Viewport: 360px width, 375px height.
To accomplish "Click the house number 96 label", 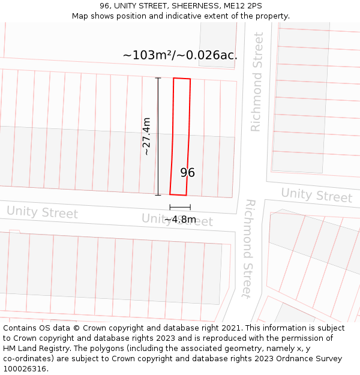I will pos(187,173).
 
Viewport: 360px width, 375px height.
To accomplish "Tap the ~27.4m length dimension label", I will pos(146,137).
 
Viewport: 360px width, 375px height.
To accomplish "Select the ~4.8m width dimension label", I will pos(180,220).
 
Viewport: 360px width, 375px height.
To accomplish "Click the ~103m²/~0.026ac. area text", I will pos(180,55).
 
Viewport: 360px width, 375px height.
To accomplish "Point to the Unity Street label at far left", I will pos(42,212).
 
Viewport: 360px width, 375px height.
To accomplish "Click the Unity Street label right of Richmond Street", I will pos(316,195).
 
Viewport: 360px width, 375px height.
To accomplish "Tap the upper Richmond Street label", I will pos(257,82).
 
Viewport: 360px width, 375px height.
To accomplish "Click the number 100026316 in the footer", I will pos(25,369).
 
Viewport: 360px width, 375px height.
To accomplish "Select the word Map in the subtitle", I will pos(80,16).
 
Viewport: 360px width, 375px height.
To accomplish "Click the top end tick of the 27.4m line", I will pos(158,78).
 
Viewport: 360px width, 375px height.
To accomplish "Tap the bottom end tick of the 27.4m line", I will pos(158,195).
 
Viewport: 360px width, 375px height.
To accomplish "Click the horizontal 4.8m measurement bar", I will pos(180,207).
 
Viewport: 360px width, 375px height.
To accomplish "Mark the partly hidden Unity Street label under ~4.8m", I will pos(177,220).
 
